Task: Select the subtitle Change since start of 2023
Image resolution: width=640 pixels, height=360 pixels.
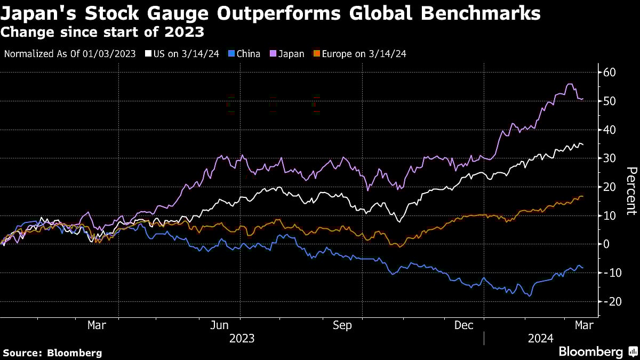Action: click(x=102, y=32)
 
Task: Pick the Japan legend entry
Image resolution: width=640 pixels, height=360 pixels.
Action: click(x=287, y=54)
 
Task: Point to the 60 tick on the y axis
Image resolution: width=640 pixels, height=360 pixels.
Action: click(x=610, y=72)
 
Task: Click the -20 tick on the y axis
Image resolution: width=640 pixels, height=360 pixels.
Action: click(x=609, y=302)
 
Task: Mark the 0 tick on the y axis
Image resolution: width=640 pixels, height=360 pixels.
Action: click(x=606, y=244)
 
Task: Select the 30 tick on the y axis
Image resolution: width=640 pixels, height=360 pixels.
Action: click(x=610, y=158)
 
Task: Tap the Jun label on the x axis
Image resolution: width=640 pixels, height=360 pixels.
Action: click(x=220, y=325)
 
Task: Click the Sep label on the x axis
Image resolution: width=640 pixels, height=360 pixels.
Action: click(x=342, y=325)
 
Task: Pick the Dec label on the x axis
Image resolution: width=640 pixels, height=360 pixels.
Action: click(x=464, y=325)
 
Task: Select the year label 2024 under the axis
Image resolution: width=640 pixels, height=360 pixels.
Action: click(x=541, y=339)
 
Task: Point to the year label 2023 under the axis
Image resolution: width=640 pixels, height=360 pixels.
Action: click(x=242, y=339)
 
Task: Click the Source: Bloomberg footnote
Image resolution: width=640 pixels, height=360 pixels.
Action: click(x=52, y=353)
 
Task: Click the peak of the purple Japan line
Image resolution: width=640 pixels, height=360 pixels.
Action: click(x=569, y=84)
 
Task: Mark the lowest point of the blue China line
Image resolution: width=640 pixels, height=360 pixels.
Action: click(x=530, y=296)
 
